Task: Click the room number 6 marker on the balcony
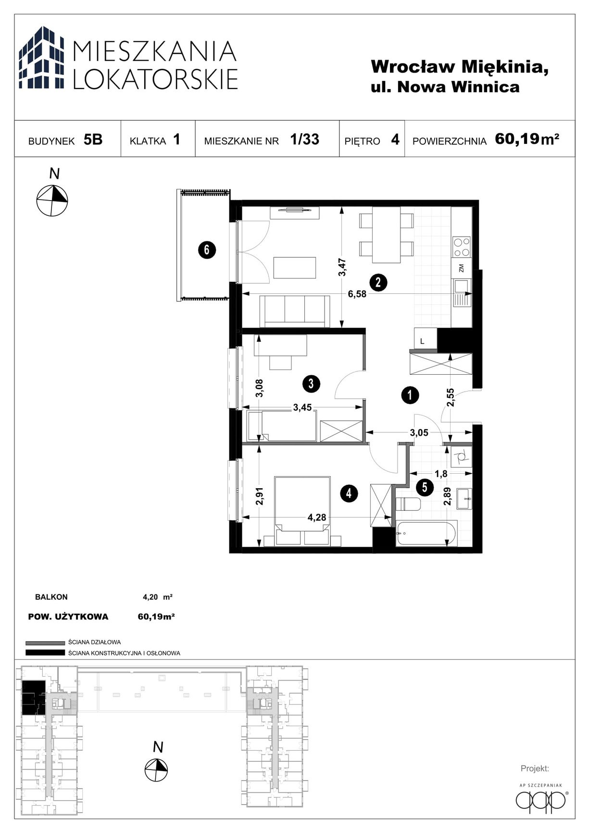[207, 250]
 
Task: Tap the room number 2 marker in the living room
[378, 282]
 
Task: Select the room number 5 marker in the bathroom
[425, 487]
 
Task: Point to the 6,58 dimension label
[357, 294]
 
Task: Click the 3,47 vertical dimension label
[342, 267]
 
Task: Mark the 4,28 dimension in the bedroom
[317, 517]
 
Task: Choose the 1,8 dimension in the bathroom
[441, 474]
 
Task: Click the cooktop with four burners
[462, 247]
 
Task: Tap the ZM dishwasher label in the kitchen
[462, 268]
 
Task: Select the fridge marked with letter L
[426, 338]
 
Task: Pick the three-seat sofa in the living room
[295, 311]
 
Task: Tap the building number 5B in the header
[93, 139]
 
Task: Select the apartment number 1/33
[304, 139]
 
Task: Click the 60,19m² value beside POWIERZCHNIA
[527, 139]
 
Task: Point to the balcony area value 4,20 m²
[158, 597]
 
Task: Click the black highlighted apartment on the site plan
[33, 697]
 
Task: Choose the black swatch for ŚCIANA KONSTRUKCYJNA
[45, 653]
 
